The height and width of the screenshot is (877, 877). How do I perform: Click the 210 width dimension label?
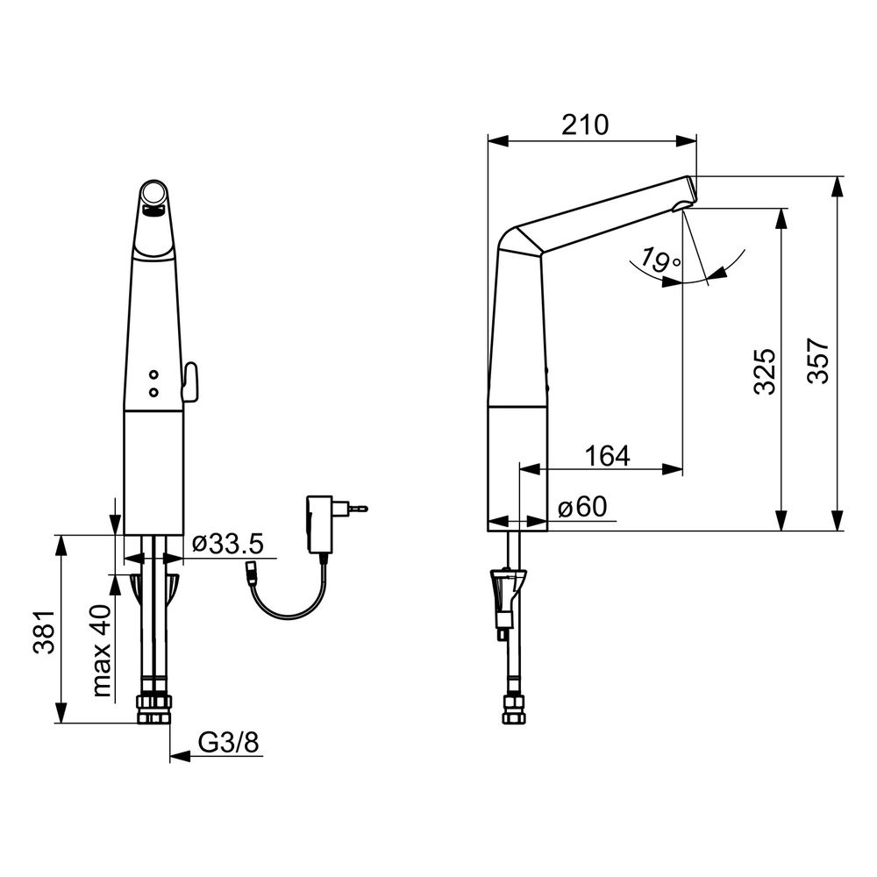point(584,125)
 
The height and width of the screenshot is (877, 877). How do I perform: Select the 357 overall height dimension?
point(817,360)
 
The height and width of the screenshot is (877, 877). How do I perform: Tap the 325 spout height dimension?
point(765,372)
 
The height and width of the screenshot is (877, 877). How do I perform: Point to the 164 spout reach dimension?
point(608,456)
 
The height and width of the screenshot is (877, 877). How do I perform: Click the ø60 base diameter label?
point(582,507)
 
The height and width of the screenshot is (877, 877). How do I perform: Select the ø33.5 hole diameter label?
point(228,543)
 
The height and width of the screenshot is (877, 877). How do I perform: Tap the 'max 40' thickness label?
point(103,651)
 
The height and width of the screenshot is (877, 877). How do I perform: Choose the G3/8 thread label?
point(229,742)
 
